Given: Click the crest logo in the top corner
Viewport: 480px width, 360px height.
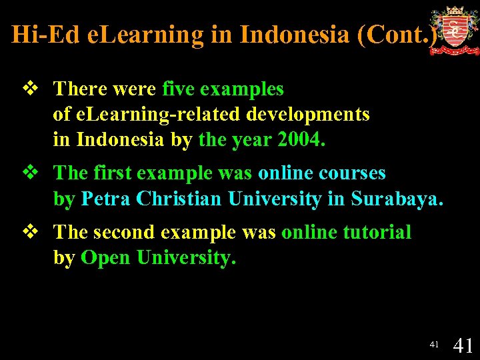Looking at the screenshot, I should click(454, 31).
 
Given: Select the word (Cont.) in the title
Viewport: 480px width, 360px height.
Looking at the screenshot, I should click(397, 35).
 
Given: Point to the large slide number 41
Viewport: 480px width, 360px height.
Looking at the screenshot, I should click(463, 345).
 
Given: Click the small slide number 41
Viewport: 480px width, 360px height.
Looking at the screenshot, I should click(434, 345).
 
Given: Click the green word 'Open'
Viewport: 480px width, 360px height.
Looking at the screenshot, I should click(106, 258).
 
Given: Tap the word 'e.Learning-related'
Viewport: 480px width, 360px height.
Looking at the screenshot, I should click(158, 115).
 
